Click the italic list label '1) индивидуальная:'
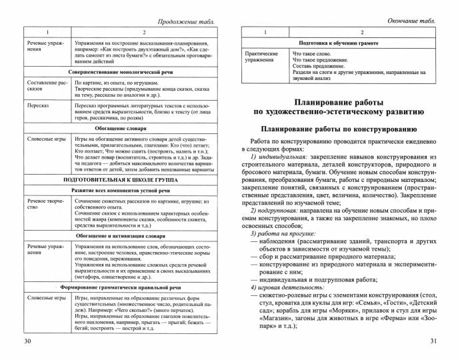click(x=278, y=156)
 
